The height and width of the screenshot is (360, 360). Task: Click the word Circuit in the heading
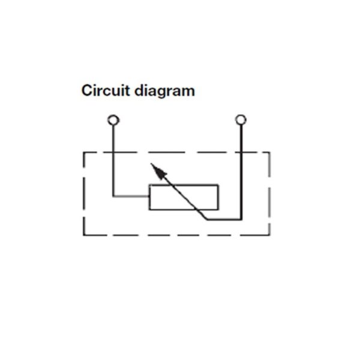106,90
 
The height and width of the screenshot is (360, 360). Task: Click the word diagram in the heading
164,92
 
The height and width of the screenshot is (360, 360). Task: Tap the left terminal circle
113,120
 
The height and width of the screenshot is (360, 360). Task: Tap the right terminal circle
241,120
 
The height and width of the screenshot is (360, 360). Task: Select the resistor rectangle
184,185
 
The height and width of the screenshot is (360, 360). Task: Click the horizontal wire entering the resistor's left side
131,196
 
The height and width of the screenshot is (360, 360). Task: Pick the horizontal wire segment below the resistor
224,220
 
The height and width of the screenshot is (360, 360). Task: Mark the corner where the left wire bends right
113,196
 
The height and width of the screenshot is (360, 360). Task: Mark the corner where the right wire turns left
241,220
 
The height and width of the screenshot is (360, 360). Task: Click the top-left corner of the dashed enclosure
84,152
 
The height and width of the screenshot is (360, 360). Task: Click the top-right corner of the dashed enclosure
269,152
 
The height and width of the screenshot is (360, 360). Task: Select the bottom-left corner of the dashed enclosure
84,235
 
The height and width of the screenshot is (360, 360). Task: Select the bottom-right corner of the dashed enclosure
269,235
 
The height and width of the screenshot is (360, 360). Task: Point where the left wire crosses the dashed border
113,152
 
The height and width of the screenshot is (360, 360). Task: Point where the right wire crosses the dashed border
241,152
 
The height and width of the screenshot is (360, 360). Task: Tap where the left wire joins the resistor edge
149,196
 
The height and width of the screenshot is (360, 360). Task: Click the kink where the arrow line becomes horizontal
207,220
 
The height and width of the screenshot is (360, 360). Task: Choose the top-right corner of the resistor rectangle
218,185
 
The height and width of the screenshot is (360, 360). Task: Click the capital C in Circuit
87,90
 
